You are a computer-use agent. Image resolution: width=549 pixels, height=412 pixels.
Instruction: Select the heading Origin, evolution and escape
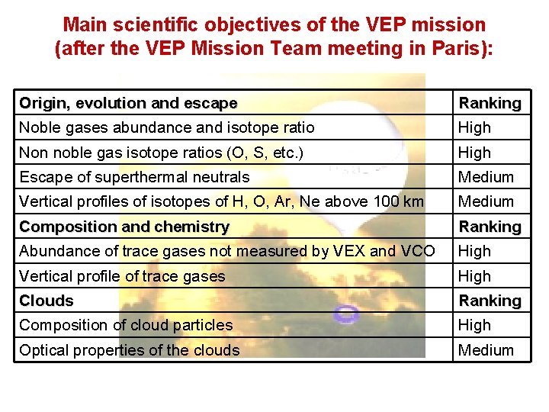point(128,103)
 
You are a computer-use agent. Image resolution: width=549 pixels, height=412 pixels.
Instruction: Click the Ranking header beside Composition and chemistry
point(490,227)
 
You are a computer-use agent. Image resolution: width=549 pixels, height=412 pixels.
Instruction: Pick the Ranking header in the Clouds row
point(490,301)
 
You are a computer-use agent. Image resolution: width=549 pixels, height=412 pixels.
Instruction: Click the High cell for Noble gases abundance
point(474,127)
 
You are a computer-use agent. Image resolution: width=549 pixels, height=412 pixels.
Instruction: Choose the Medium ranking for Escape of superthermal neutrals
point(486,177)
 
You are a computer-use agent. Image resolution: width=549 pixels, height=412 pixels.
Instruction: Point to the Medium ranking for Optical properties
point(486,350)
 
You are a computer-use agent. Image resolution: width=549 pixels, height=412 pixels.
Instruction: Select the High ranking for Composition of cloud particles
point(474,325)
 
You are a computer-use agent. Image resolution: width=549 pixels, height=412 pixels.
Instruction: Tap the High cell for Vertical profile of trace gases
point(474,276)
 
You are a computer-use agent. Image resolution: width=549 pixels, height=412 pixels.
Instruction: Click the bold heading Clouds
point(47,301)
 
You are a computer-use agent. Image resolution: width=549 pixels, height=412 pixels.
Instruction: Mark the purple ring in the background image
point(347,313)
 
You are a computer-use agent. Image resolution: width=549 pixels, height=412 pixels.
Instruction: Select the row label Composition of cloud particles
point(126,325)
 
